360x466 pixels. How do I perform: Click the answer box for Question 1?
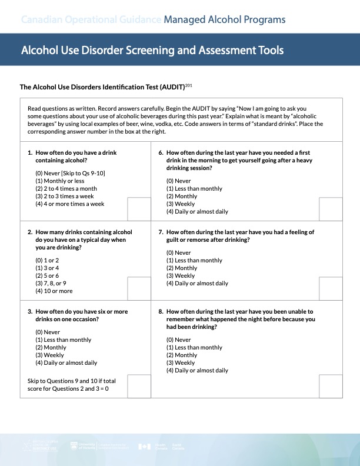point(139,208)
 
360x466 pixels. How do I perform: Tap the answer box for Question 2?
point(139,288)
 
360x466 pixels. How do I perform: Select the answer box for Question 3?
point(139,386)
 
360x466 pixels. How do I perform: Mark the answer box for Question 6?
point(331,208)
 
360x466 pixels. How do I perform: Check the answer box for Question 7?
point(331,288)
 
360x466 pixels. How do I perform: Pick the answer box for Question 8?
point(331,386)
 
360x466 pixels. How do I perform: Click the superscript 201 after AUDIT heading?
point(189,85)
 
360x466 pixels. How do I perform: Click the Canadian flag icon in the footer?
point(144,447)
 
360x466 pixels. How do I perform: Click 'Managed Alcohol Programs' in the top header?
point(225,20)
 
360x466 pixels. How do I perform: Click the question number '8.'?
point(161,311)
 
